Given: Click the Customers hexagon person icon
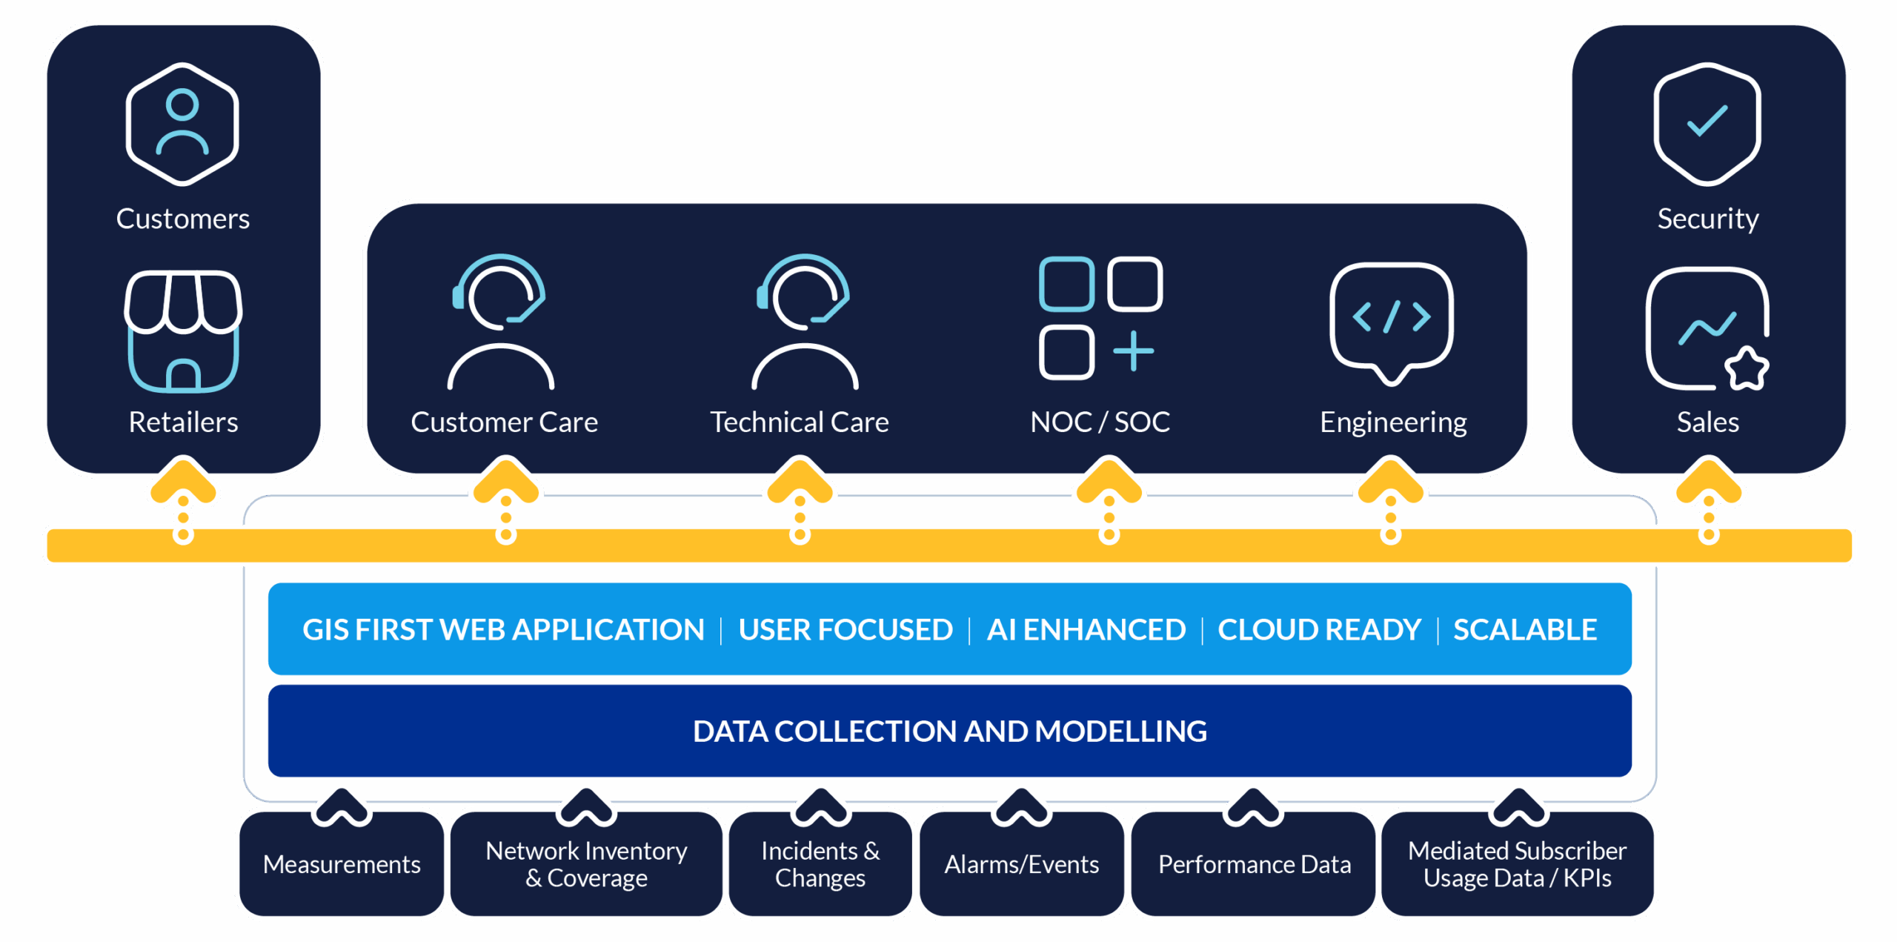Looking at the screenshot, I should (x=182, y=124).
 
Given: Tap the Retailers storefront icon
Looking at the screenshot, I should (x=183, y=331).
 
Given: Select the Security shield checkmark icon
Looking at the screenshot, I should (x=1707, y=124).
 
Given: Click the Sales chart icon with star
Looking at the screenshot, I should (x=1707, y=329).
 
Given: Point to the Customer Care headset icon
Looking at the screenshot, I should (x=501, y=322).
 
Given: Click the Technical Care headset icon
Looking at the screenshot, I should (x=805, y=322).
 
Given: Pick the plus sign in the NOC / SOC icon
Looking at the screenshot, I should (x=1133, y=351).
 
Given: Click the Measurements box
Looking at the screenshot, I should (x=342, y=864).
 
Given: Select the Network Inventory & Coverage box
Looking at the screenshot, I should (x=586, y=864).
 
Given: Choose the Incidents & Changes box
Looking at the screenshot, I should (x=820, y=864).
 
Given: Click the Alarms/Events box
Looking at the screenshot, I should (x=1021, y=864).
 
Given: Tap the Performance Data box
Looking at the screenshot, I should (x=1254, y=864).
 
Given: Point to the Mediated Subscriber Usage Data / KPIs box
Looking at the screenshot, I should (x=1517, y=864).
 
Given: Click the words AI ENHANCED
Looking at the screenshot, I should (x=1086, y=630).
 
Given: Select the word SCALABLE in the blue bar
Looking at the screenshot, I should (x=1524, y=630).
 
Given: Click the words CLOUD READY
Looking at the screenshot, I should (x=1319, y=630).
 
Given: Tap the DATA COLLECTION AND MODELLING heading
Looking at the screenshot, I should (x=949, y=732).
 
